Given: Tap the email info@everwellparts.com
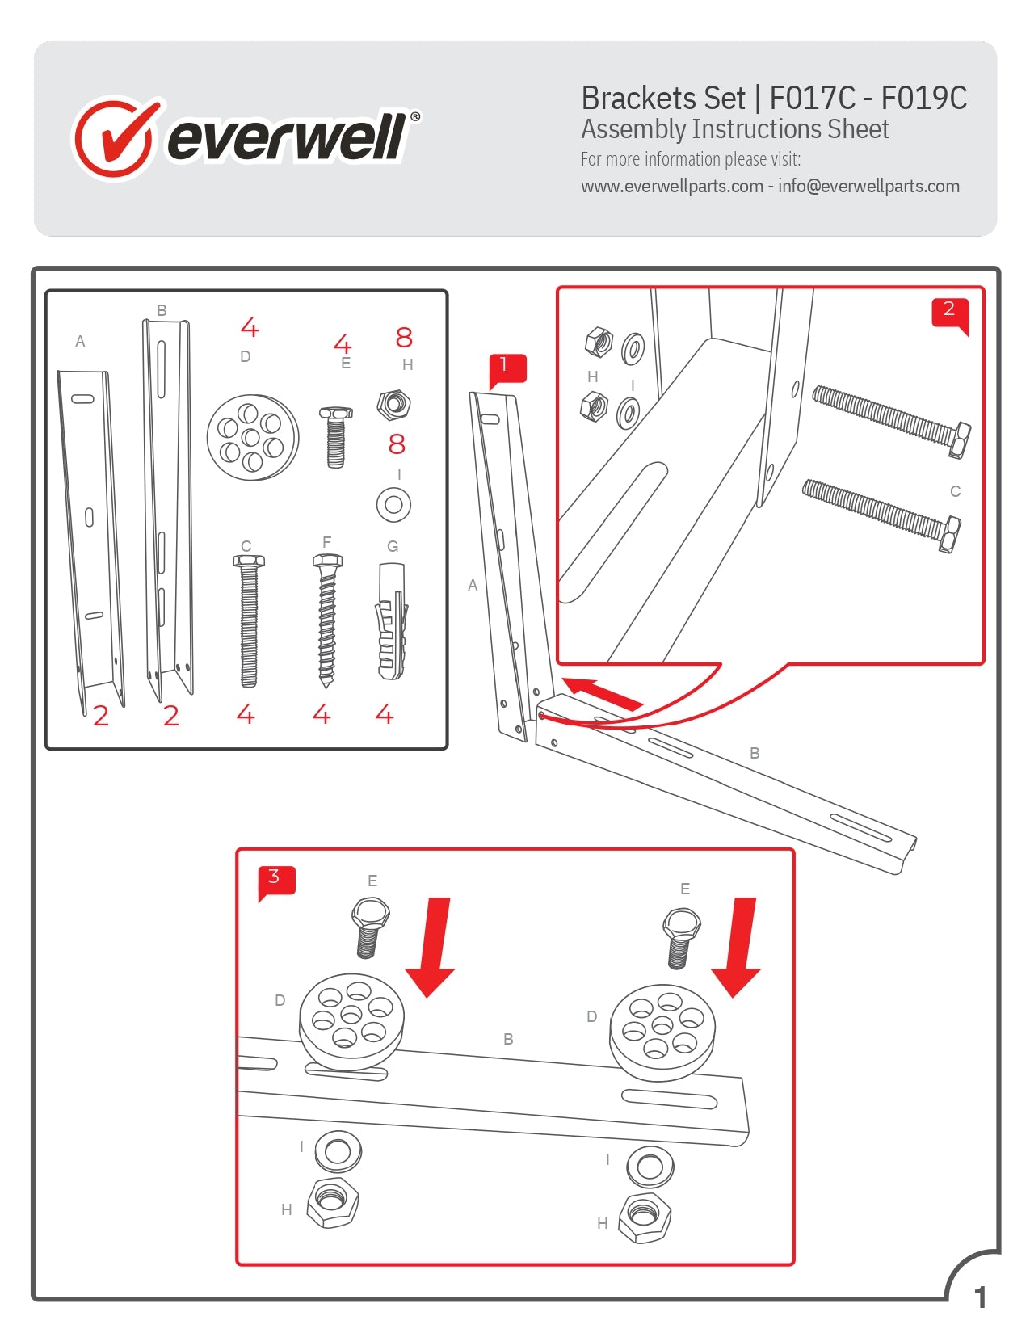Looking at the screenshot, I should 868,187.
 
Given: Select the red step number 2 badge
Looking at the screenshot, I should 949,310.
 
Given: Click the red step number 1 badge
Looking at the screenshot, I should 507,367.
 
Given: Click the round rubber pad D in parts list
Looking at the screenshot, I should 252,437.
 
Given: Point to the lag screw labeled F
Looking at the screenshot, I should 326,618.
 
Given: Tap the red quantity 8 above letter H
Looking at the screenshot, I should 404,337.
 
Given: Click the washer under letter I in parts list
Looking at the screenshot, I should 393,505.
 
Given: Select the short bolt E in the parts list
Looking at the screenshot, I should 335,436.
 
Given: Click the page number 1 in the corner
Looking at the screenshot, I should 980,1297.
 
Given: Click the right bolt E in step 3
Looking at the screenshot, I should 680,937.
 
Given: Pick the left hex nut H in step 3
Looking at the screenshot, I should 332,1201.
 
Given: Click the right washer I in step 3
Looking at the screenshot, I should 650,1167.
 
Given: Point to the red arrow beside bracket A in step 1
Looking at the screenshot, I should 602,694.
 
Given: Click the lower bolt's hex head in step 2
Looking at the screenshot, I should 950,535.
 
